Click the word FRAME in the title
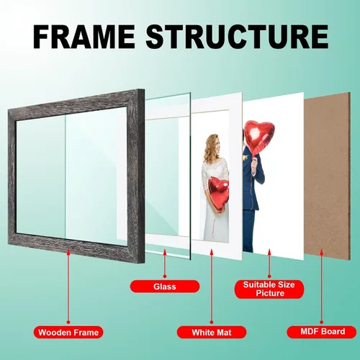pyautogui.click(x=84, y=37)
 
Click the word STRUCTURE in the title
pyautogui.click(x=237, y=37)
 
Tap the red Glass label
pyautogui.click(x=165, y=287)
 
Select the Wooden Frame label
pyautogui.click(x=68, y=333)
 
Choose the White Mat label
pyautogui.click(x=212, y=333)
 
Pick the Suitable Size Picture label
pyautogui.click(x=269, y=289)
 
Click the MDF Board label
pyautogui.click(x=322, y=332)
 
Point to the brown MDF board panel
pyautogui.click(x=327, y=175)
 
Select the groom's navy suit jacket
pyautogui.click(x=252, y=178)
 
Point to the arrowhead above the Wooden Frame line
pyautogui.click(x=68, y=253)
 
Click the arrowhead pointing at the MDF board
pyautogui.click(x=322, y=252)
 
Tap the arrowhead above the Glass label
pyautogui.click(x=165, y=252)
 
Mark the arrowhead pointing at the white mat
pyautogui.click(x=212, y=252)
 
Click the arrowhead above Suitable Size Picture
pyautogui.click(x=269, y=252)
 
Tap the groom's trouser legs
pyautogui.click(x=248, y=230)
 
